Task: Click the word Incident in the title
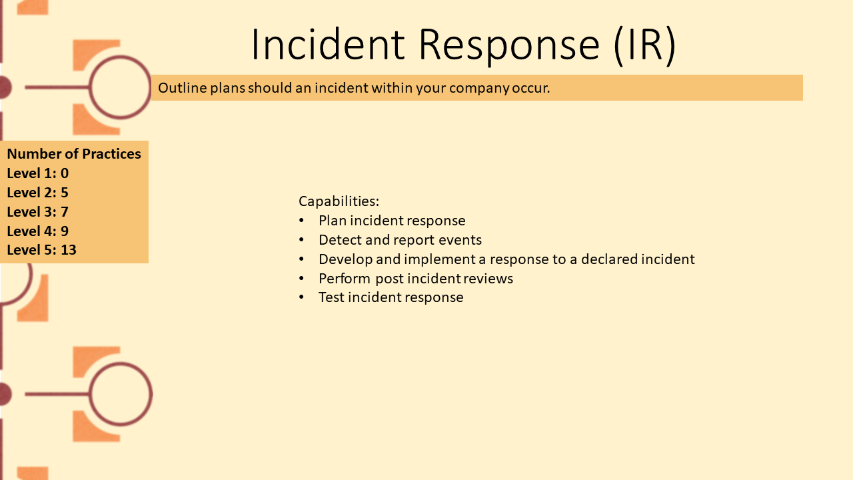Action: (327, 44)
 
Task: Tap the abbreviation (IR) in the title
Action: (644, 46)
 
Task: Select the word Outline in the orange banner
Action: (182, 87)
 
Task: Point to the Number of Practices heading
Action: (74, 154)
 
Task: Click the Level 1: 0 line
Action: (38, 173)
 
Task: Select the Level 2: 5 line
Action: (38, 193)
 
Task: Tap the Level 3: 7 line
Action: (38, 212)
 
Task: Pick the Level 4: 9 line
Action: (38, 231)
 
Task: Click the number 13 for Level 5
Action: (69, 250)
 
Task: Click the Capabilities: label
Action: (339, 201)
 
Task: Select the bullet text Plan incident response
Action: (392, 221)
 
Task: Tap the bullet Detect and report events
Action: (401, 240)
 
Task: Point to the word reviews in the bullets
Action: (488, 279)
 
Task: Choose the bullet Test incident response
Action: (391, 297)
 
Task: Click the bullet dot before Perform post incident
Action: (302, 279)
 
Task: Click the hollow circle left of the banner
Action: (90, 87)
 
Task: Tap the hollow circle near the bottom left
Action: (90, 394)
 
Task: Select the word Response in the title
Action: (509, 46)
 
